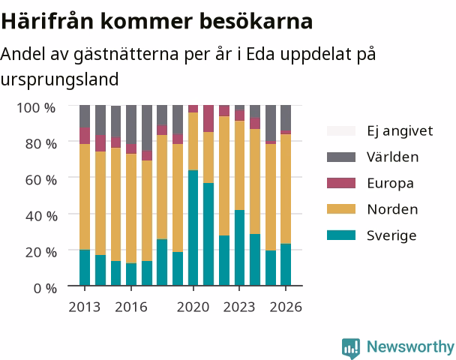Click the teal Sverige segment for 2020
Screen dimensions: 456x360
[193, 228]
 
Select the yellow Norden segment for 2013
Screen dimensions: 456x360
[85, 196]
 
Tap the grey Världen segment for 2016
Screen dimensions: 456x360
[131, 124]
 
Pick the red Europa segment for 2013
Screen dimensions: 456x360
[85, 136]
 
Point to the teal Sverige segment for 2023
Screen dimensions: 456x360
[239, 247]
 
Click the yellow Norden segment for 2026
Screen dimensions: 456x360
[286, 189]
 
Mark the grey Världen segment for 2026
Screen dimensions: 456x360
[286, 118]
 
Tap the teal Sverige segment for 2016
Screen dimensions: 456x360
[131, 274]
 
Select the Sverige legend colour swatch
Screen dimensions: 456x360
[341, 235]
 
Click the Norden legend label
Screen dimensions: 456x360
[392, 209]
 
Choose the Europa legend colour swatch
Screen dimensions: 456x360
[341, 183]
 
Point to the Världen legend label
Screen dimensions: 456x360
[392, 157]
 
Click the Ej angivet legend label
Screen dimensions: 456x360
[400, 131]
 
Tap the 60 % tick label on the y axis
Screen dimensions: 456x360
[41, 180]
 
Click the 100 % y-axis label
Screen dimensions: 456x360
[36, 108]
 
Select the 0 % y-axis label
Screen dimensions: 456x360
[45, 289]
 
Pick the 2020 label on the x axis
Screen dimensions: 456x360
[193, 307]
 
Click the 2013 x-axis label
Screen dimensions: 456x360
[85, 307]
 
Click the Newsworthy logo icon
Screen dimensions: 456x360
[351, 348]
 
